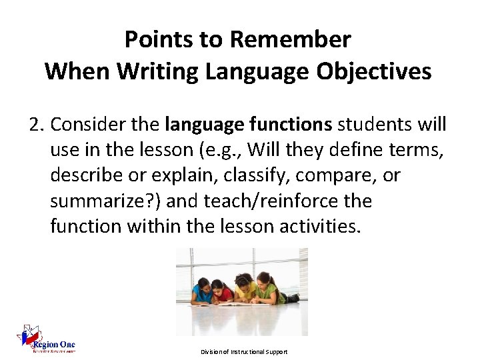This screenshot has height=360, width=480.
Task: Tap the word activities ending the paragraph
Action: (319, 226)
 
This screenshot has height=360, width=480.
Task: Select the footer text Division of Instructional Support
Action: (245, 351)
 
